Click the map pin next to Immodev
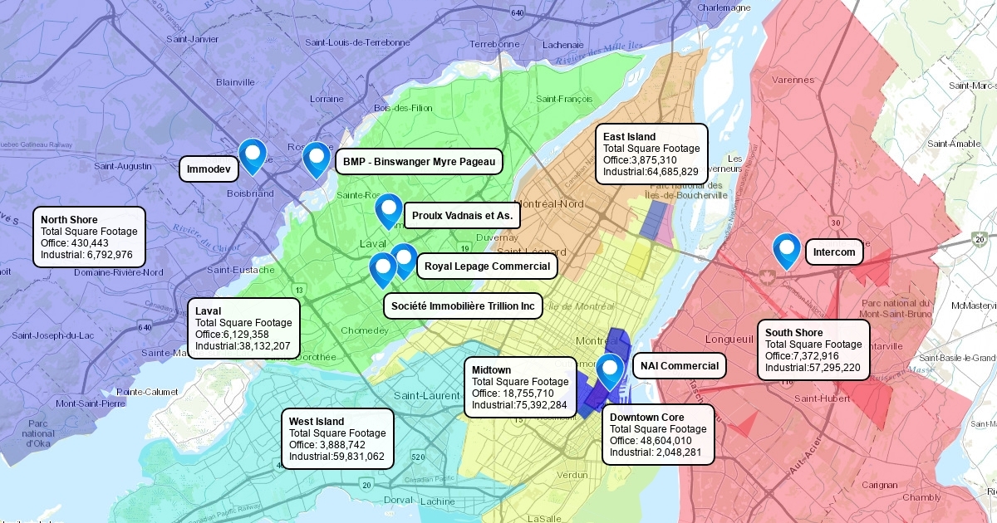pyautogui.click(x=252, y=154)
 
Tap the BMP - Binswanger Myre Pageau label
pyautogui.click(x=419, y=161)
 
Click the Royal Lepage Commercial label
pyautogui.click(x=486, y=266)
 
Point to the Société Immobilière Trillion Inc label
pyautogui.click(x=463, y=305)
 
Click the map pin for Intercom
pyautogui.click(x=786, y=248)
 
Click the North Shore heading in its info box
pyautogui.click(x=69, y=219)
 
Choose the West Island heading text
pyautogui.click(x=317, y=422)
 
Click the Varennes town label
pyautogui.click(x=793, y=80)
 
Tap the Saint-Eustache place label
pyautogui.click(x=240, y=270)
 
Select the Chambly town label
pyautogui.click(x=921, y=497)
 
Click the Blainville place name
pyautogui.click(x=235, y=82)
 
